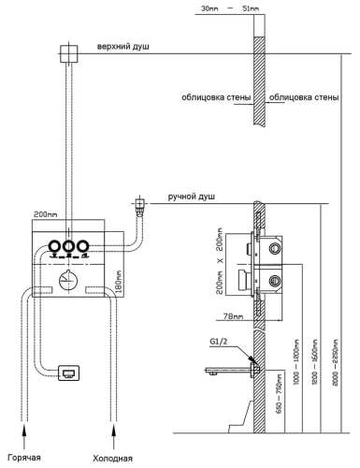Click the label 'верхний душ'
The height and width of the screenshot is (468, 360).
pos(125,46)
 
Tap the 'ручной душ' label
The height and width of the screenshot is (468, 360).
pos(192,197)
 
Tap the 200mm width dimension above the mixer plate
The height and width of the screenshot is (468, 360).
pos(46,214)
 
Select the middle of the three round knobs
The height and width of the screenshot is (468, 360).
pos(68,247)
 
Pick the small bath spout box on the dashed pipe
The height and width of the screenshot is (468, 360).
pos(68,373)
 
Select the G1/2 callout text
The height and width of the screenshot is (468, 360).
pos(219,344)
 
